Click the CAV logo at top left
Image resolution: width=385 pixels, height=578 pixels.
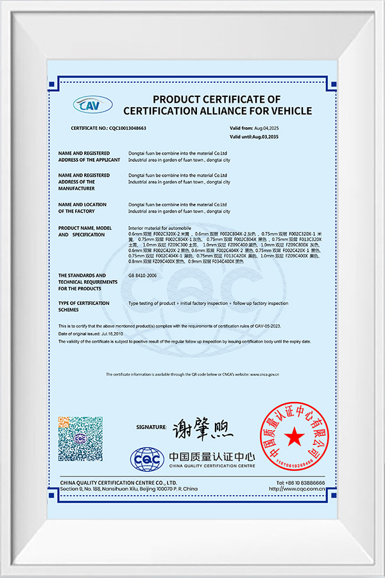click(x=92, y=104)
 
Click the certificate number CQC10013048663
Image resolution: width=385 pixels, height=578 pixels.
click(x=126, y=128)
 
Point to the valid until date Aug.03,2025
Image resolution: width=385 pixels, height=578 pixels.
click(x=264, y=137)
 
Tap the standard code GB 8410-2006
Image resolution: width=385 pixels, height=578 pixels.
click(x=142, y=275)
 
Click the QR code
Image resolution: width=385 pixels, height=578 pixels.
click(x=80, y=439)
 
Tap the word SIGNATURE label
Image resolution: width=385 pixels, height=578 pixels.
click(x=151, y=427)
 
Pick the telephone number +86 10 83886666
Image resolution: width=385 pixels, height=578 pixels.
click(x=301, y=482)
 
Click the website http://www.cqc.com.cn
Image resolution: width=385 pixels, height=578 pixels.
click(x=299, y=489)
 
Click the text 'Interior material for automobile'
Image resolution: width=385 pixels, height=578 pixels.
click(x=156, y=228)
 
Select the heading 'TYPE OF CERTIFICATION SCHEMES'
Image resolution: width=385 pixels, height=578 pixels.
click(x=83, y=306)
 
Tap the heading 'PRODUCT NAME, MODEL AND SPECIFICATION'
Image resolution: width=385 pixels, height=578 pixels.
click(x=85, y=231)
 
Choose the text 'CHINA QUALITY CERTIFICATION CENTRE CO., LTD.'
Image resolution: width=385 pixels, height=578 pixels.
click(x=119, y=482)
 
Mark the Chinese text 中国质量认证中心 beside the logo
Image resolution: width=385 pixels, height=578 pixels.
click(x=212, y=457)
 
